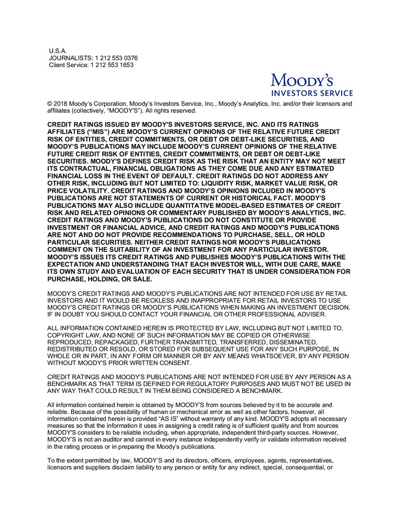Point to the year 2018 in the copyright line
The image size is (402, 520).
(x=60, y=104)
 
